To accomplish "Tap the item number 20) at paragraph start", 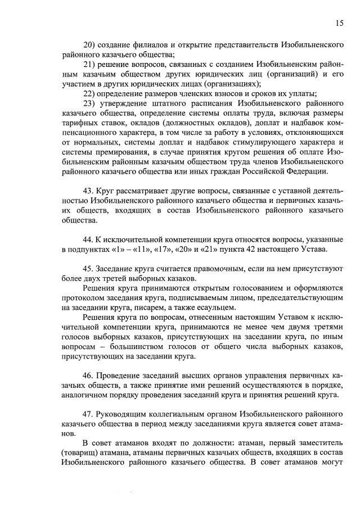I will coord(89,44).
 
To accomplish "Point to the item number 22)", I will coord(89,93).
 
